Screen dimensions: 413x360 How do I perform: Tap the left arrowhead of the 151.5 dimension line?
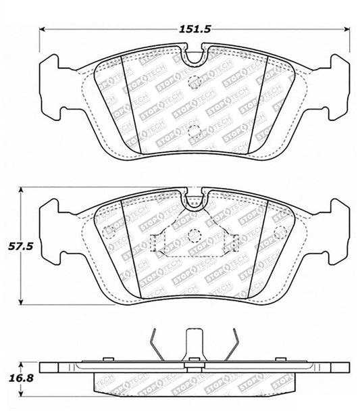pos(44,30)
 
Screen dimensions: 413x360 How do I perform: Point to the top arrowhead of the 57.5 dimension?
pos(22,191)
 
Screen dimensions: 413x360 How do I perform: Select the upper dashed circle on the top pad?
pos(195,84)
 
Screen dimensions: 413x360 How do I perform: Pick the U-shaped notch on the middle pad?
pos(195,201)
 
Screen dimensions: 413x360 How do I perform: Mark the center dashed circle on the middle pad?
pos(195,236)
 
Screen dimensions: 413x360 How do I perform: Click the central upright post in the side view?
pos(195,341)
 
